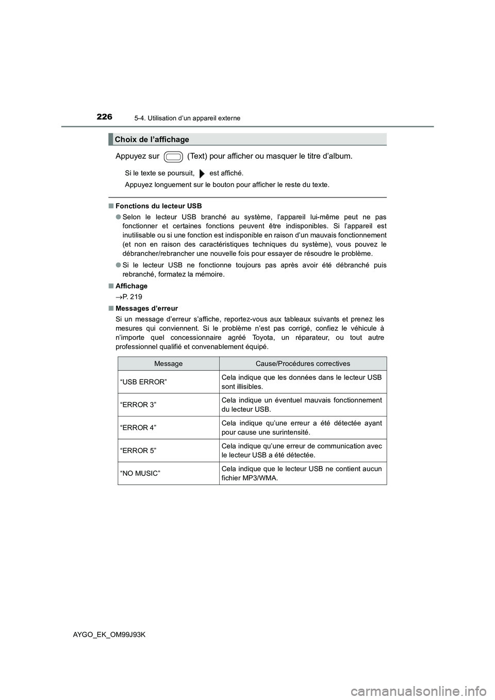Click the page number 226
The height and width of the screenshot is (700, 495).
[x=104, y=117]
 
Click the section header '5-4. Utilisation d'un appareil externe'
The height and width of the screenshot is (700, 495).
[x=190, y=118]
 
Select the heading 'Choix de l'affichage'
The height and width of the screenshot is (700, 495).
[x=152, y=139]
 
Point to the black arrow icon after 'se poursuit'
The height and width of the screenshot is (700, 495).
[x=202, y=174]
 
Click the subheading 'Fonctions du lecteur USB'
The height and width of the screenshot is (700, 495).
[x=158, y=206]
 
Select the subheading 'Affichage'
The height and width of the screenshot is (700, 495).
[x=131, y=286]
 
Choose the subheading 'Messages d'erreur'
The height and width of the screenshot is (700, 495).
[x=146, y=308]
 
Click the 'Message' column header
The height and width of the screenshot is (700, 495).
[x=168, y=363]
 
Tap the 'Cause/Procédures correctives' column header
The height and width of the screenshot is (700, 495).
[x=303, y=363]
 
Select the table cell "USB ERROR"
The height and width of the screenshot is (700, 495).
[x=143, y=382]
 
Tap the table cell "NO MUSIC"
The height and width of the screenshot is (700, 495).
[x=140, y=473]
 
